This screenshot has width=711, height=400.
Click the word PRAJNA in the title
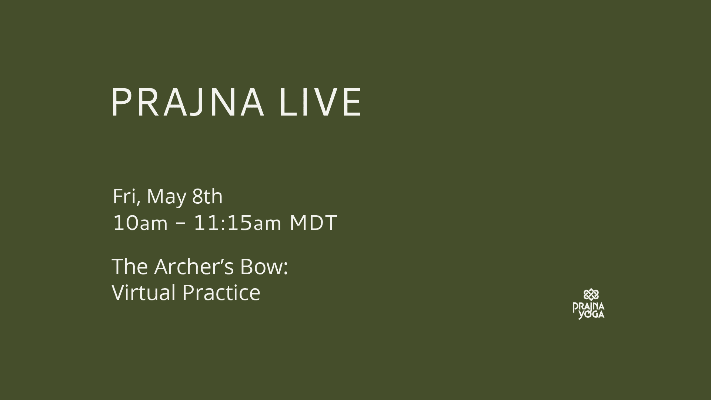pyautogui.click(x=188, y=102)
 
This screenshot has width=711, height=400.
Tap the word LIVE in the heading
pyautogui.click(x=321, y=102)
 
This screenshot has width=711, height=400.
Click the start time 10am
pyautogui.click(x=140, y=223)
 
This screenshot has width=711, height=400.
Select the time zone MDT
pyautogui.click(x=313, y=223)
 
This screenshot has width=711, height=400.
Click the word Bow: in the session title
pyautogui.click(x=264, y=266)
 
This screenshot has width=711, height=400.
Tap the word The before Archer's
pyautogui.click(x=130, y=266)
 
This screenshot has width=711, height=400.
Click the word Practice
pyautogui.click(x=221, y=292)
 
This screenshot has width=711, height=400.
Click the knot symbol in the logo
pyautogui.click(x=591, y=295)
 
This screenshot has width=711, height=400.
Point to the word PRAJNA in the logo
pyautogui.click(x=588, y=307)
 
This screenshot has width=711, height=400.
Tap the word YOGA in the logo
pyautogui.click(x=592, y=314)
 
